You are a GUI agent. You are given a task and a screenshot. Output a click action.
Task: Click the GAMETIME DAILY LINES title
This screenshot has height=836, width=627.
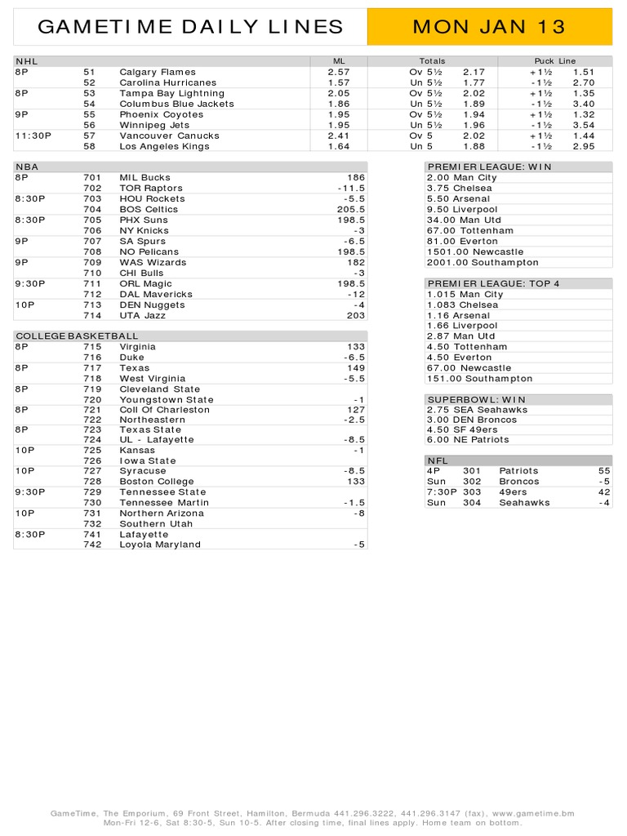[x=191, y=27]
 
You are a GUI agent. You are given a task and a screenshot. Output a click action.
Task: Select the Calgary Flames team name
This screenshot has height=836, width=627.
[x=158, y=72]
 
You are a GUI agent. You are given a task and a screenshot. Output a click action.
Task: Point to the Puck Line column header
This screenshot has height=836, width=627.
[x=554, y=61]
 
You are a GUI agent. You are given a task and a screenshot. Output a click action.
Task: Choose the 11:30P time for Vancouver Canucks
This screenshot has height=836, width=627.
[x=33, y=136]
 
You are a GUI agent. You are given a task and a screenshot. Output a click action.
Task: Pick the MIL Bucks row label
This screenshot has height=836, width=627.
[x=145, y=177]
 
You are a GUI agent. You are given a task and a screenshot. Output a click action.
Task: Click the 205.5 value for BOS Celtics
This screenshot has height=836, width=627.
[x=352, y=209]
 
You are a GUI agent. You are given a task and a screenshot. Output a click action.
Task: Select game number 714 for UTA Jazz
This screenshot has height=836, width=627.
[x=92, y=315]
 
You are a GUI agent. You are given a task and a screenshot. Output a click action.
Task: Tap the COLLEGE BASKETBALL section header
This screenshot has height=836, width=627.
[x=77, y=336]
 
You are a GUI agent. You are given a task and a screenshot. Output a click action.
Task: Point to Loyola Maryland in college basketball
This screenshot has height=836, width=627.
[x=160, y=545]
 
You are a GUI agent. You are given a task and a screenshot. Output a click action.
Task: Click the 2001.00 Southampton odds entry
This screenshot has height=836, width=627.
[x=482, y=263]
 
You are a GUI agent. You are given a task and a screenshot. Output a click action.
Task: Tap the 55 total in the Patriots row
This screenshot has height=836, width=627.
[x=604, y=471]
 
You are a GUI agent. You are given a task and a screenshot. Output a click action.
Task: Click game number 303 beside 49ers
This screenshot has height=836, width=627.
[x=472, y=492]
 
